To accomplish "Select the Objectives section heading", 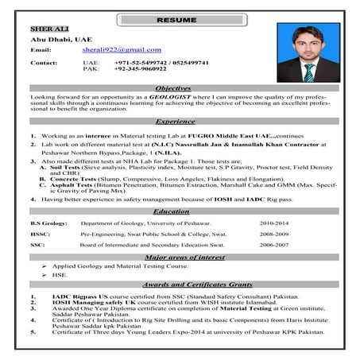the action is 173,87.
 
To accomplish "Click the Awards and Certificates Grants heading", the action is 180,285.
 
